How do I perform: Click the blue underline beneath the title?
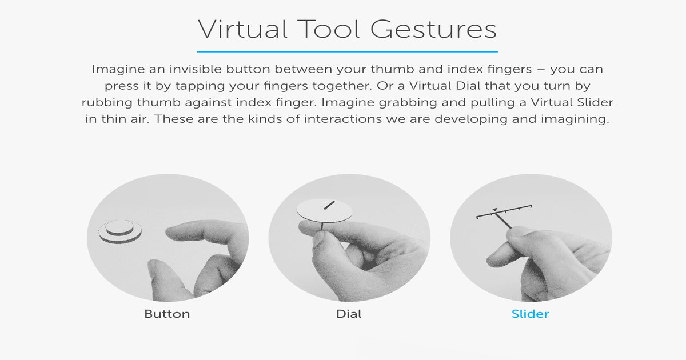(347, 51)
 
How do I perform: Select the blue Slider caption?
(530, 314)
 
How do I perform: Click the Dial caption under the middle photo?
(349, 314)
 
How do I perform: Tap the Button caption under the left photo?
(167, 314)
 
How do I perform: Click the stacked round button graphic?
(119, 231)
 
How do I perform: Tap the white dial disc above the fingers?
(325, 210)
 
